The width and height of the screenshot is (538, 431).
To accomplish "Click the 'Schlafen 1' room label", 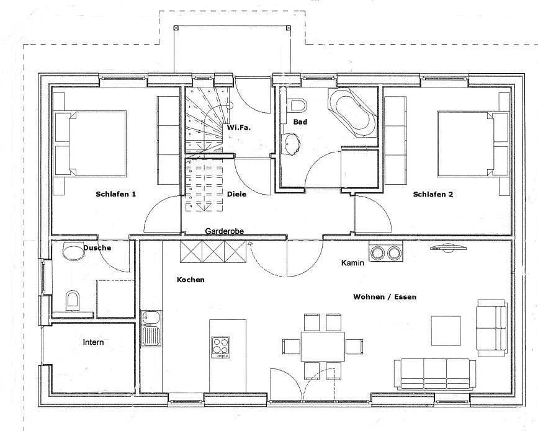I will pyautogui.click(x=115, y=194).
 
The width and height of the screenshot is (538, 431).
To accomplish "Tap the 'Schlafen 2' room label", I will pyautogui.click(x=433, y=194).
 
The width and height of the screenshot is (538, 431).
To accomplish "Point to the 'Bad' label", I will pyautogui.click(x=300, y=122).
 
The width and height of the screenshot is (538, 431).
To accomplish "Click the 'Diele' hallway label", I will pyautogui.click(x=236, y=194).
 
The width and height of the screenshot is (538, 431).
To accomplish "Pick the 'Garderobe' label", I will pyautogui.click(x=224, y=231).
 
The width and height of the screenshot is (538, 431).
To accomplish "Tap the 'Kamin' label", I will pyautogui.click(x=352, y=263).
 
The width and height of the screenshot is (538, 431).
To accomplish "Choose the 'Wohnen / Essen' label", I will pyautogui.click(x=385, y=297).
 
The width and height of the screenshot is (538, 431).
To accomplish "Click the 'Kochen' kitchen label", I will pyautogui.click(x=191, y=280).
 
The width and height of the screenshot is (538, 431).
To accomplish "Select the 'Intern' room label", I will pyautogui.click(x=93, y=342).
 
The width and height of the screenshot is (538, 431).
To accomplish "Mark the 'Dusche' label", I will pyautogui.click(x=97, y=248).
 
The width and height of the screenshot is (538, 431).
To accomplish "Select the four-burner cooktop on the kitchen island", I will pyautogui.click(x=220, y=346).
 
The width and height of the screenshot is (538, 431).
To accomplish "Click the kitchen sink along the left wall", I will pyautogui.click(x=150, y=328).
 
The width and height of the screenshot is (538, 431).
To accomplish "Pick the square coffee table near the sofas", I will pyautogui.click(x=446, y=331).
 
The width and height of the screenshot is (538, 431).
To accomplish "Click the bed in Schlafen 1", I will pyautogui.click(x=91, y=144).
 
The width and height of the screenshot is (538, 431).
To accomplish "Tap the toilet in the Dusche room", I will pyautogui.click(x=73, y=301).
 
